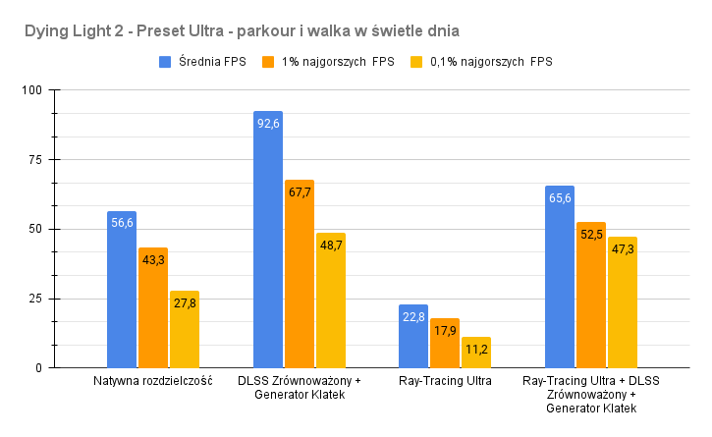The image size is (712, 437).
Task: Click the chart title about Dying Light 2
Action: tap(257, 32)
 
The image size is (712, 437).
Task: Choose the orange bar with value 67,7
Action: tap(300, 274)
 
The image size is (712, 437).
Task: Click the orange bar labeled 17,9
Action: tap(446, 343)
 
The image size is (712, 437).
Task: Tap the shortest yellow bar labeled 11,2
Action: tap(477, 353)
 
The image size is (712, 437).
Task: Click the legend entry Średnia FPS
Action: tap(204, 63)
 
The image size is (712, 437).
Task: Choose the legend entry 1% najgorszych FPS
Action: tap(328, 63)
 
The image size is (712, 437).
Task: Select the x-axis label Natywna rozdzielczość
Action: tap(153, 381)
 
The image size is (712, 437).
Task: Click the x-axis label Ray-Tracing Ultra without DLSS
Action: tap(445, 381)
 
